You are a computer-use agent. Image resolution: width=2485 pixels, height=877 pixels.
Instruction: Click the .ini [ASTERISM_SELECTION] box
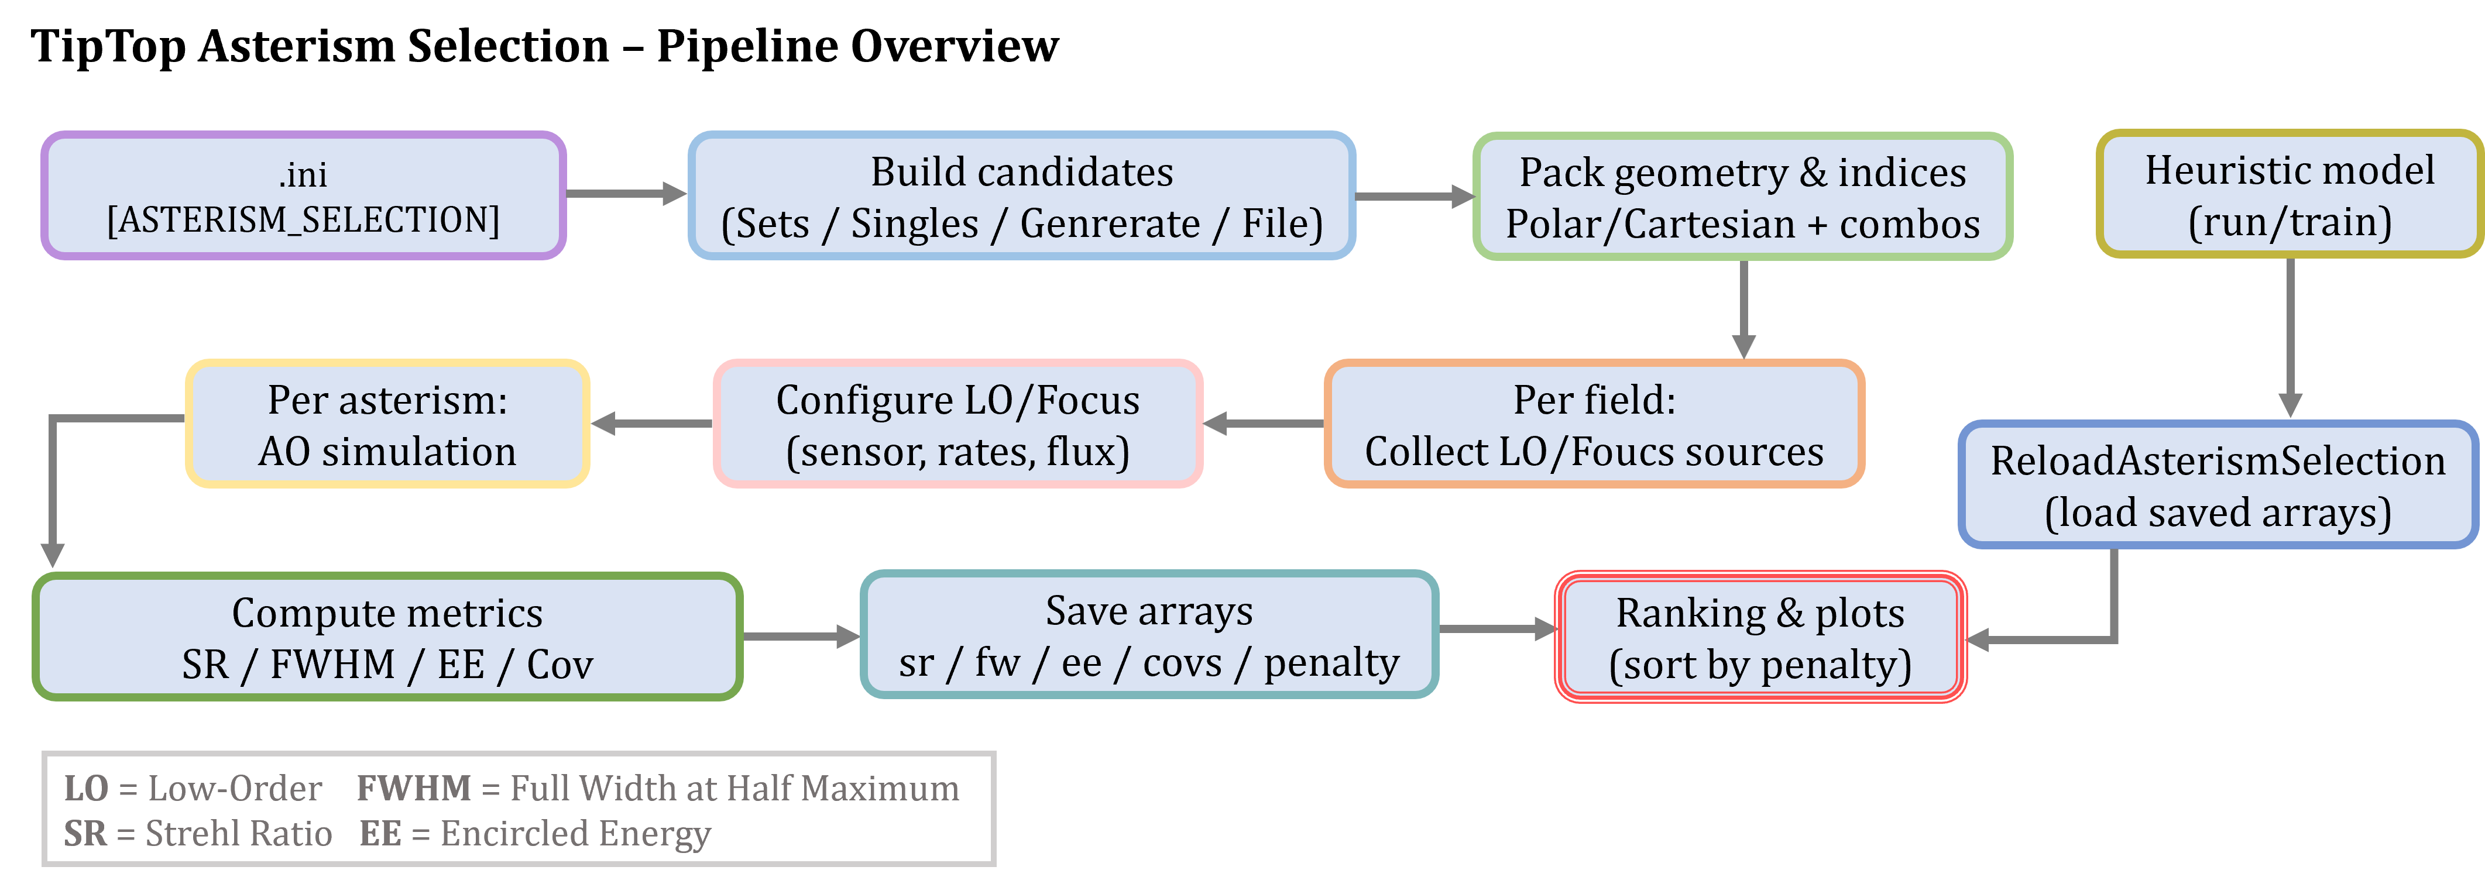point(303,196)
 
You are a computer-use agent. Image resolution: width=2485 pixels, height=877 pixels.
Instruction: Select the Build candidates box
point(1022,196)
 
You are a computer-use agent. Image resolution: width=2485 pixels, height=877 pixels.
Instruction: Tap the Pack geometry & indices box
point(1742,197)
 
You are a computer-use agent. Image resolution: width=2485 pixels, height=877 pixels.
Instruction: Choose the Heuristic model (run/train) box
point(2289,194)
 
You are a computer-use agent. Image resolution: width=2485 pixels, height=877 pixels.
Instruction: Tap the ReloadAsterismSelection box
point(2217,485)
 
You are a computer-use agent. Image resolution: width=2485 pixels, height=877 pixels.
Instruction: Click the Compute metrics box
point(387,637)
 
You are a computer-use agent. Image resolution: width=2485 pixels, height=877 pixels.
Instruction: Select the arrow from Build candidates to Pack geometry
point(1414,197)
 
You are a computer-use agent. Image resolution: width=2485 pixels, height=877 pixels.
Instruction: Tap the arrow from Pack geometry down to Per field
point(1743,309)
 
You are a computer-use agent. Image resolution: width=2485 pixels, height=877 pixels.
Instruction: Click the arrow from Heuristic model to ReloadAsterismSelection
point(2290,338)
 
